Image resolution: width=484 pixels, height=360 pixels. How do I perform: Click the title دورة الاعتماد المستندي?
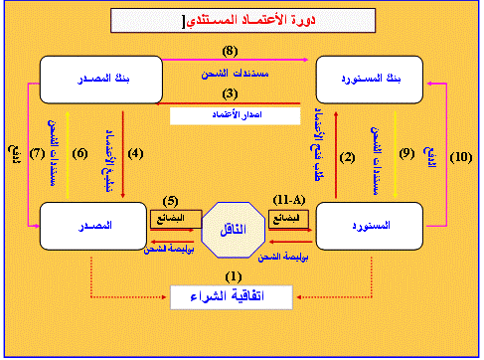[x=244, y=19]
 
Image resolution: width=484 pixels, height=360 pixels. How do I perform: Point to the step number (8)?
[x=230, y=51]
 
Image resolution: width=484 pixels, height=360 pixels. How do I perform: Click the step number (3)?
[x=230, y=93]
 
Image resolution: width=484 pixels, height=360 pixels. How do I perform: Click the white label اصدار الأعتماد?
[x=236, y=115]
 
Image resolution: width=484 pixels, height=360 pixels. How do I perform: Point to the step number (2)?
[x=347, y=156]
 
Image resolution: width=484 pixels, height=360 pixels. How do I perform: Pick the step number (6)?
[x=81, y=154]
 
